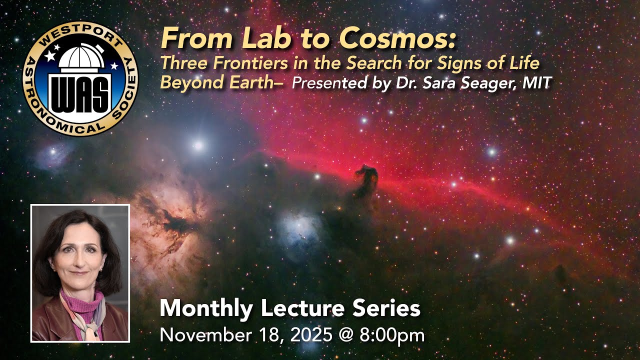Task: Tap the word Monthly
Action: point(206,309)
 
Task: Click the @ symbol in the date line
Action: point(346,334)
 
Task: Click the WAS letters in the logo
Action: point(80,93)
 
